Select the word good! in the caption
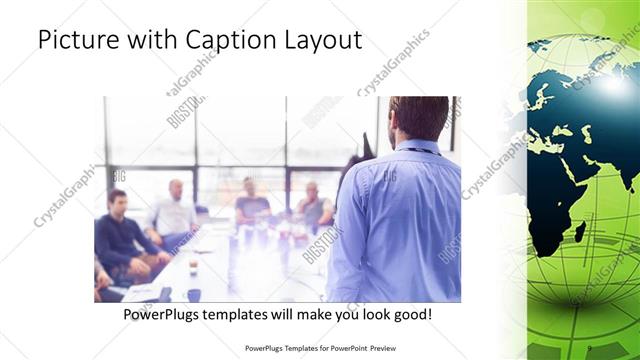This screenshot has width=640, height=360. coord(409,315)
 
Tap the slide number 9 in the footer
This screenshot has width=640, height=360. coord(591,349)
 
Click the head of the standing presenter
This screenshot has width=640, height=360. coord(418,117)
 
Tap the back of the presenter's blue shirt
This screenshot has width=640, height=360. coord(400,220)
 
